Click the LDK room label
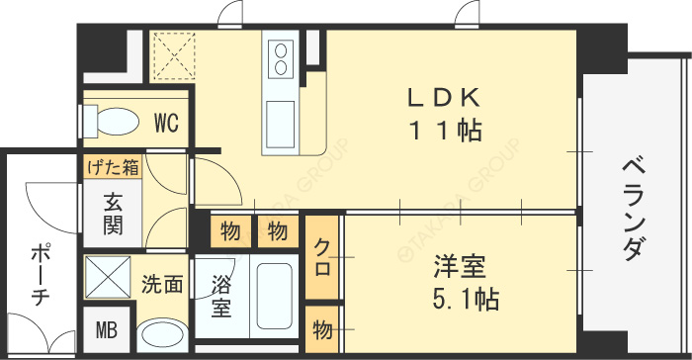(445, 98)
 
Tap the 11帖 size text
(445, 130)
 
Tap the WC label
(165, 124)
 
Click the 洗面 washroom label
(161, 285)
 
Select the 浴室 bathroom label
(221, 295)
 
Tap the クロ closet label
(322, 256)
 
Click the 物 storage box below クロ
(322, 330)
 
